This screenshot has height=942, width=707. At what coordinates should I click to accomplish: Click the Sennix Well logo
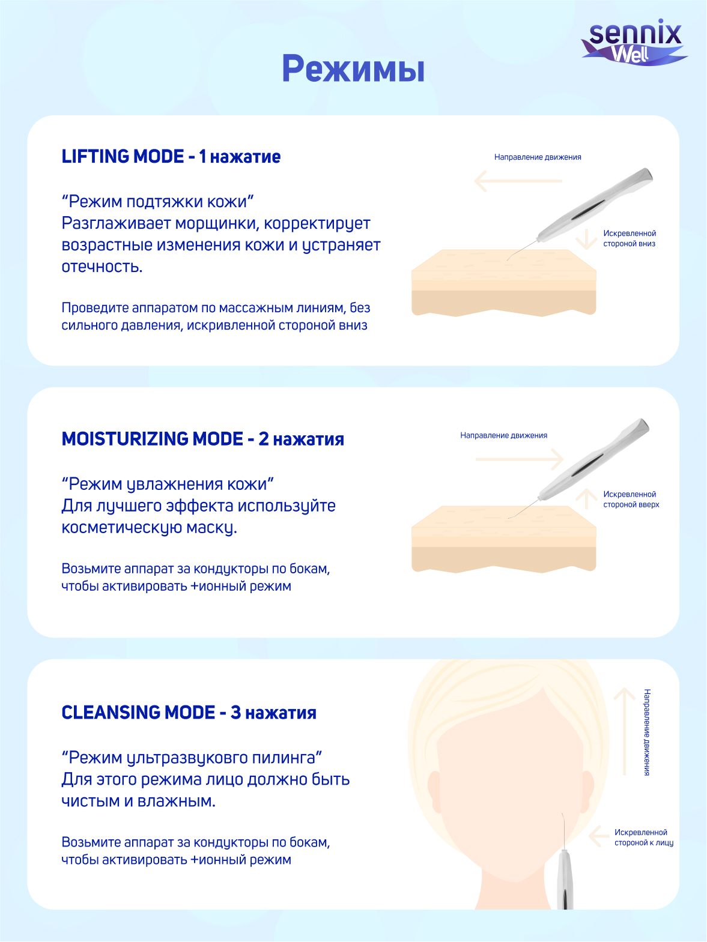[x=634, y=42]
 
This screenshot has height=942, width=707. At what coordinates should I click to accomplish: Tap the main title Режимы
[x=353, y=68]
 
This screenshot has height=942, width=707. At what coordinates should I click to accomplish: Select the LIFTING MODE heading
[x=171, y=157]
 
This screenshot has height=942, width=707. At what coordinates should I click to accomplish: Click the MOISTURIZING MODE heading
[x=202, y=439]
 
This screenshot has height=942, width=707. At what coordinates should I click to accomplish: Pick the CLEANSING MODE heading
[x=189, y=713]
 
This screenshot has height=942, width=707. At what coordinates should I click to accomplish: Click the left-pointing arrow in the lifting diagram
[x=518, y=181]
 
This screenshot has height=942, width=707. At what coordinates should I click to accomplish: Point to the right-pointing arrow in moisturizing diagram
[x=520, y=459]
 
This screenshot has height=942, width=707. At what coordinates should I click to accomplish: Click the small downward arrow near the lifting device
[x=586, y=240]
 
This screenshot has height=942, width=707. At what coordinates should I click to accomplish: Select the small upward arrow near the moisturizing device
[x=586, y=499]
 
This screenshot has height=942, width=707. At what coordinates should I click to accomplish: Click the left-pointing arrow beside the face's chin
[x=599, y=837]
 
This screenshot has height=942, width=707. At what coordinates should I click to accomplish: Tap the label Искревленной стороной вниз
[x=630, y=238]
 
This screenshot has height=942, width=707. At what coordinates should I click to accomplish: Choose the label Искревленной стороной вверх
[x=631, y=500]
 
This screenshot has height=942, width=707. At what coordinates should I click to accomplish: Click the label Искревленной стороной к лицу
[x=644, y=838]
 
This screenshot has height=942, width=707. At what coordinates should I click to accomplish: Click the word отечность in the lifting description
[x=102, y=267]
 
